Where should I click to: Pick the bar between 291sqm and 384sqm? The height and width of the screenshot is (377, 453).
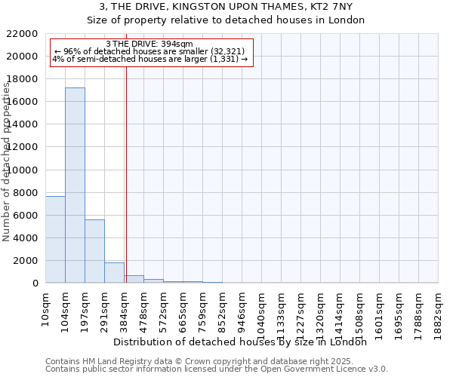(114, 273)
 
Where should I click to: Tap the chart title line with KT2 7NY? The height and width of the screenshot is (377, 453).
(226, 7)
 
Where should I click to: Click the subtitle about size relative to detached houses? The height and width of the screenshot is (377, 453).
(226, 20)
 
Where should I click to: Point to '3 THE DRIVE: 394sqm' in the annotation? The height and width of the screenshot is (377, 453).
(149, 44)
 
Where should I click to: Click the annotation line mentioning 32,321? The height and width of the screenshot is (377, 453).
(149, 51)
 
